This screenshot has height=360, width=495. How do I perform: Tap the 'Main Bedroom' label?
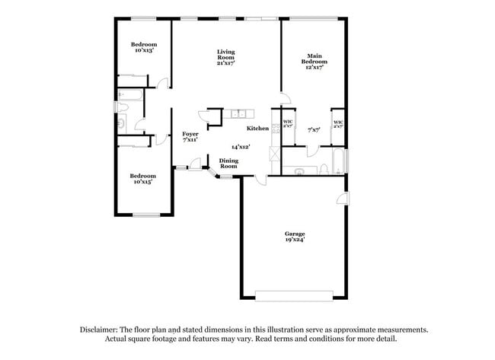tap(315, 60)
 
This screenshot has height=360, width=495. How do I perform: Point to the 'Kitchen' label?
tap(257, 129)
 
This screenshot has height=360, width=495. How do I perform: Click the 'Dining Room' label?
tap(228, 163)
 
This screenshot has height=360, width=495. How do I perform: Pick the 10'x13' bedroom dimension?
tap(144, 50)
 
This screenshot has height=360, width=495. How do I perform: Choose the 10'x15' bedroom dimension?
tap(143, 182)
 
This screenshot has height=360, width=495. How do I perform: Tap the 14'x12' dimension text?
tap(241, 146)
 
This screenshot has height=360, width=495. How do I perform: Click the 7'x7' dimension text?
tap(313, 129)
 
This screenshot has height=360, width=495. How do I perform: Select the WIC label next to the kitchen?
tap(288, 123)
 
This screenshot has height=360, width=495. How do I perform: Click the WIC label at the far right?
tap(337, 123)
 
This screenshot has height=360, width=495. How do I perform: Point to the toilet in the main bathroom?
tap(324, 167)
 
